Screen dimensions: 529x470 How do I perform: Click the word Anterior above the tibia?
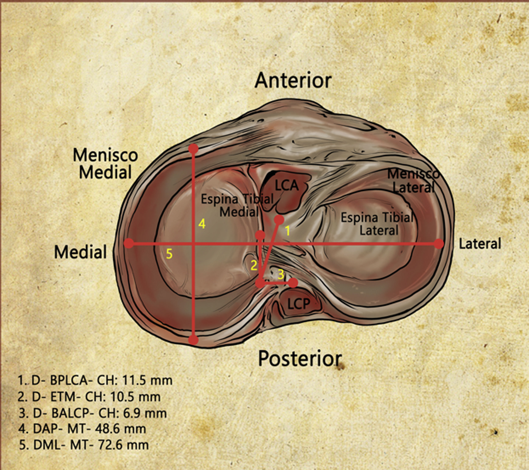[x=293, y=80]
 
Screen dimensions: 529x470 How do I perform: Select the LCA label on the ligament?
[x=287, y=186]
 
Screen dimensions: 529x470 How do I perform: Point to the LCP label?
[x=298, y=304]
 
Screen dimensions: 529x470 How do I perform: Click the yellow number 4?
[x=202, y=224]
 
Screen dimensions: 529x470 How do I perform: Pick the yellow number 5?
[x=169, y=254]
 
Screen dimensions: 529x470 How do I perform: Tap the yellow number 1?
[x=287, y=231]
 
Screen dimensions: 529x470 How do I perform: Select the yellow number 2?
[x=254, y=266]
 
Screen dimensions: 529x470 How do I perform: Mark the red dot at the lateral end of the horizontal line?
[x=439, y=244]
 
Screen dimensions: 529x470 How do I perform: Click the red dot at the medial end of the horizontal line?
[x=129, y=244]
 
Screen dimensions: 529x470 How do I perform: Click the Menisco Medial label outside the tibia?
[x=105, y=164]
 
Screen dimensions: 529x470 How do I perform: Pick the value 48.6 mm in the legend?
[x=120, y=429]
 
